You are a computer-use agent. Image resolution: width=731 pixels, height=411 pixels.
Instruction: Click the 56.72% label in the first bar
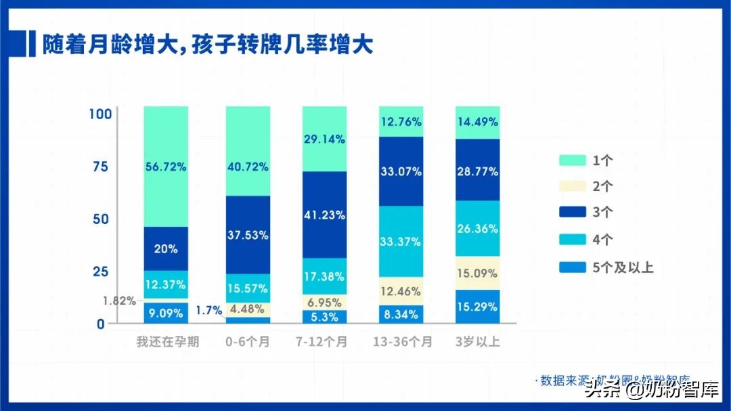pos(166,167)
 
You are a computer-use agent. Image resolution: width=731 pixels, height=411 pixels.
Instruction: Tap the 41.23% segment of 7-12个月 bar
pos(324,215)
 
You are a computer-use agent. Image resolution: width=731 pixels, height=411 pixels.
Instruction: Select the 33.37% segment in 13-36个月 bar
pos(401,241)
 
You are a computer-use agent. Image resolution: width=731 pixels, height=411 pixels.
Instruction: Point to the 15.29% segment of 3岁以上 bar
pos(477,307)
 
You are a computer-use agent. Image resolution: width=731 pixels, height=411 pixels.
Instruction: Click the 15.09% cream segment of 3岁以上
pos(477,274)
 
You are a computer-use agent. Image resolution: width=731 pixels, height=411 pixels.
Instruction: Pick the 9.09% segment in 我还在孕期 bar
pos(166,313)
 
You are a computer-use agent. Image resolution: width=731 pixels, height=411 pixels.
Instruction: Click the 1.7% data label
pos(209,311)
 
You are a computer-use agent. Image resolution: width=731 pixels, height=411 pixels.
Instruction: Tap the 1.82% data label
pos(119,301)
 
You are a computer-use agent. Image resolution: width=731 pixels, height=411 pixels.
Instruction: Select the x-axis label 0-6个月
pos(248,342)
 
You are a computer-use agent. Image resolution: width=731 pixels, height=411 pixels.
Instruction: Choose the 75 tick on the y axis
pos(99,167)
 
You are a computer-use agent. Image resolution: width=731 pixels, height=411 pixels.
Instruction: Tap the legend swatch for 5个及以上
pos(572,267)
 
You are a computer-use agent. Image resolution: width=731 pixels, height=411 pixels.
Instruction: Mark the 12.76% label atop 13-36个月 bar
pos(401,122)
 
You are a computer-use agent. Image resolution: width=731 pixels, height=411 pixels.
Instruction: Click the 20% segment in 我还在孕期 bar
pos(166,248)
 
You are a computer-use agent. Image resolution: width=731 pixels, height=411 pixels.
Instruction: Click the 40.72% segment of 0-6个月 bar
pos(248,167)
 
